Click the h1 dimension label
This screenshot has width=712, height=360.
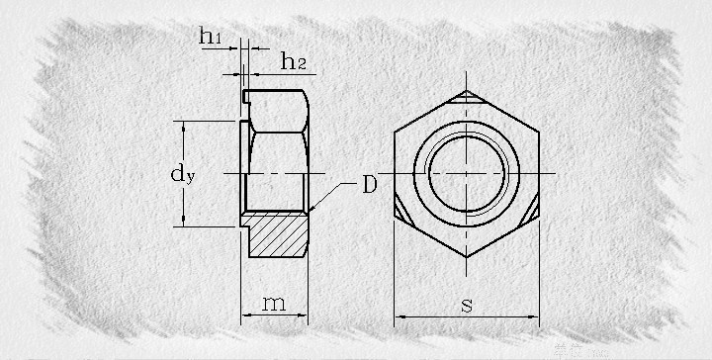[210, 36]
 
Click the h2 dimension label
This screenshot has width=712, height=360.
[294, 61]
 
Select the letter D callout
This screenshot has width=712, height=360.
[370, 184]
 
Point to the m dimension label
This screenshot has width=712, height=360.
[274, 304]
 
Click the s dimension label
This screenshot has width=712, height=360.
[467, 305]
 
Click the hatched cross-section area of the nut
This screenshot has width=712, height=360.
[276, 234]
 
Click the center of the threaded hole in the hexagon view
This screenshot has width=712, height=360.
[467, 173]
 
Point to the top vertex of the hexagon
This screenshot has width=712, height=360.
[467, 90]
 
